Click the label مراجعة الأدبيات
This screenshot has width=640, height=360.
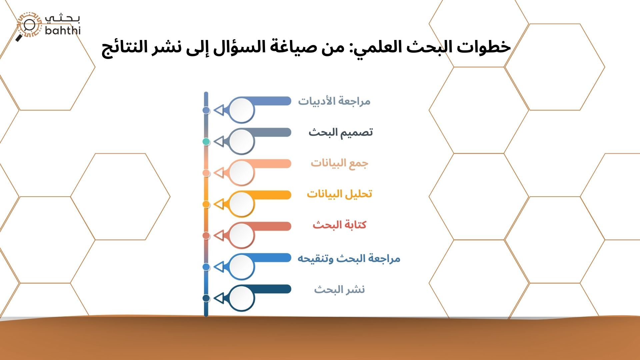[x=334, y=101]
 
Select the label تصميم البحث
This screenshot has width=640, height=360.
[x=340, y=132]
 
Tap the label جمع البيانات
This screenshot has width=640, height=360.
[x=339, y=163]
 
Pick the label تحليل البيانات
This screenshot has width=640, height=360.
[x=339, y=194]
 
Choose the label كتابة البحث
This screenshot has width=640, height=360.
[x=339, y=225]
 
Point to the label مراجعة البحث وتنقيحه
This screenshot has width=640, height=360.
[x=349, y=259]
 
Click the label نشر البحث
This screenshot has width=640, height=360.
[x=339, y=290]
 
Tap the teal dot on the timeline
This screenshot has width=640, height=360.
[x=206, y=142]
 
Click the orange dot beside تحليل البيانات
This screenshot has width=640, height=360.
[x=206, y=204]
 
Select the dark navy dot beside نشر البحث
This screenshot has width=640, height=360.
[x=206, y=298]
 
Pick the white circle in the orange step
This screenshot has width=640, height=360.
[x=241, y=204]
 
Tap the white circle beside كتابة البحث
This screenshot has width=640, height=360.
[x=241, y=235]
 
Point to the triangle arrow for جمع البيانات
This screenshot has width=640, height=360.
[x=219, y=173]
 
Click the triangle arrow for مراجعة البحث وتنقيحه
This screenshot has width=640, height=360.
[x=219, y=267]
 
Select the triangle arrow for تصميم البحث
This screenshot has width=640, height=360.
[x=219, y=142]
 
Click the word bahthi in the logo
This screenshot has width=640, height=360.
[x=63, y=31]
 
